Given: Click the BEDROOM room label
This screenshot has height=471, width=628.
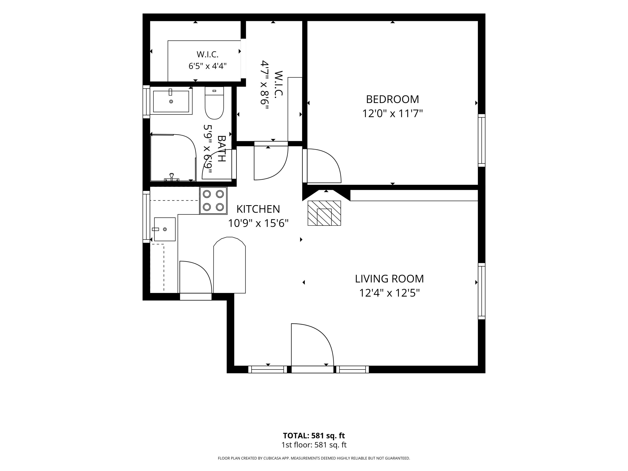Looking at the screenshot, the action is (392, 99).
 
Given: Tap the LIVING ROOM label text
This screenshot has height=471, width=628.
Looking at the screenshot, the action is (389, 279).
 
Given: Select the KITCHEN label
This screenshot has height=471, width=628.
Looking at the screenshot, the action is (258, 209).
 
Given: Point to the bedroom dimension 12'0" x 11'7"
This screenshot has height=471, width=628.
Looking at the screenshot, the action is (392, 113).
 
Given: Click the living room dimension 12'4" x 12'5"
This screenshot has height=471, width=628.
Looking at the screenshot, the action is (389, 293).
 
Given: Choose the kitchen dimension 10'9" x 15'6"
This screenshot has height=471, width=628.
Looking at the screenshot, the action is (258, 223).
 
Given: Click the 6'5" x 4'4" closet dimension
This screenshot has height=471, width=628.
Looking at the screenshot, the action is (207, 66).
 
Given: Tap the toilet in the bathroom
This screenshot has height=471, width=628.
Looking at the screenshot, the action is (214, 103).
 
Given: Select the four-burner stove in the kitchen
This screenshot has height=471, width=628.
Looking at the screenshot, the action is (213, 201).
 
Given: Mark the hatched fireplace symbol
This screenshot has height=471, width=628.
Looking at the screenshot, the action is (324, 213).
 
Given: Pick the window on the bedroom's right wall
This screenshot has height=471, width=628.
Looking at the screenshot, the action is (481, 140).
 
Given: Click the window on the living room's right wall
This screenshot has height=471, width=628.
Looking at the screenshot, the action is (481, 291).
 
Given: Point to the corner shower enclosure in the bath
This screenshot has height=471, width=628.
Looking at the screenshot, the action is (173, 158).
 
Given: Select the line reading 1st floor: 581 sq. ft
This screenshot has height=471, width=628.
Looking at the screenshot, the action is (314, 445).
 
